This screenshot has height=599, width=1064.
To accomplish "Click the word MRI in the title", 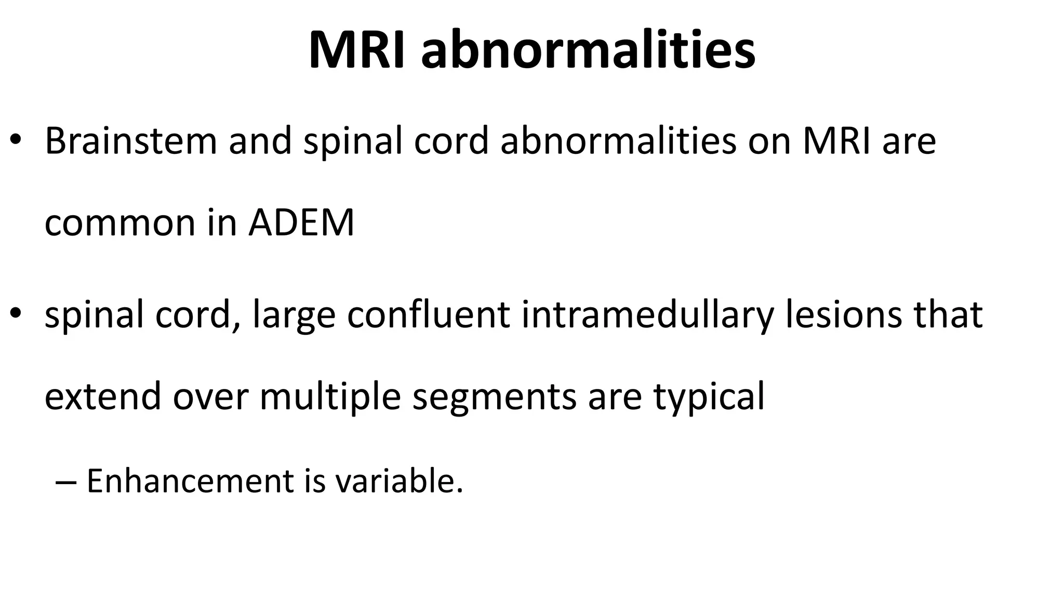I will point(356,50).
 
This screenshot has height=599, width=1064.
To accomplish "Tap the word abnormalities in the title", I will point(588,50).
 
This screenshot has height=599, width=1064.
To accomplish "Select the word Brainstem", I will point(130,141).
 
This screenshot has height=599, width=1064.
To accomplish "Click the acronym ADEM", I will point(301,223).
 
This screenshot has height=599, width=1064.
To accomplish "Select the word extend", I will point(103,396).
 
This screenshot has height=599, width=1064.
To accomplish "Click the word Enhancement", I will point(190,480).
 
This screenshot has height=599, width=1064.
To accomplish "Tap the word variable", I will point(398,480).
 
